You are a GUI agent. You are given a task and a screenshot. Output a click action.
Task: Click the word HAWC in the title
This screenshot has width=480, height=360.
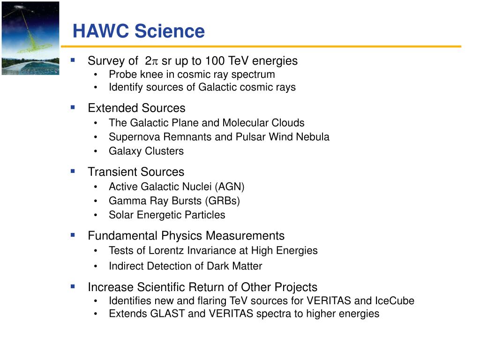[101, 31]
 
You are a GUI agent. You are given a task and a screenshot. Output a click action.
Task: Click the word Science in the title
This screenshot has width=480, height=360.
[170, 31]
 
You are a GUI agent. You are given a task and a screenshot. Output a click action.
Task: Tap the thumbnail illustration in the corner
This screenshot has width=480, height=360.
[30, 38]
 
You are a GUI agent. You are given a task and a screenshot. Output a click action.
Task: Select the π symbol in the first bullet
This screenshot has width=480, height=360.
[155, 61]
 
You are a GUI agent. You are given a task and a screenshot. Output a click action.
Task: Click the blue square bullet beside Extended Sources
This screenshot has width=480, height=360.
[73, 107]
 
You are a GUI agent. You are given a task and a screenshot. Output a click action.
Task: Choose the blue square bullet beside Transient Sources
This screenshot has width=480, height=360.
[73, 171]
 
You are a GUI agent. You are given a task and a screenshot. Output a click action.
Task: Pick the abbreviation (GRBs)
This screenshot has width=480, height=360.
[223, 201]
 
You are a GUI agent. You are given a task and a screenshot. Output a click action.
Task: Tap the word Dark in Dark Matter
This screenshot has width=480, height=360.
[218, 266]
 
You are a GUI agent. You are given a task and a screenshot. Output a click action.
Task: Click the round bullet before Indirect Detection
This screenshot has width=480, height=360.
[96, 267]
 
